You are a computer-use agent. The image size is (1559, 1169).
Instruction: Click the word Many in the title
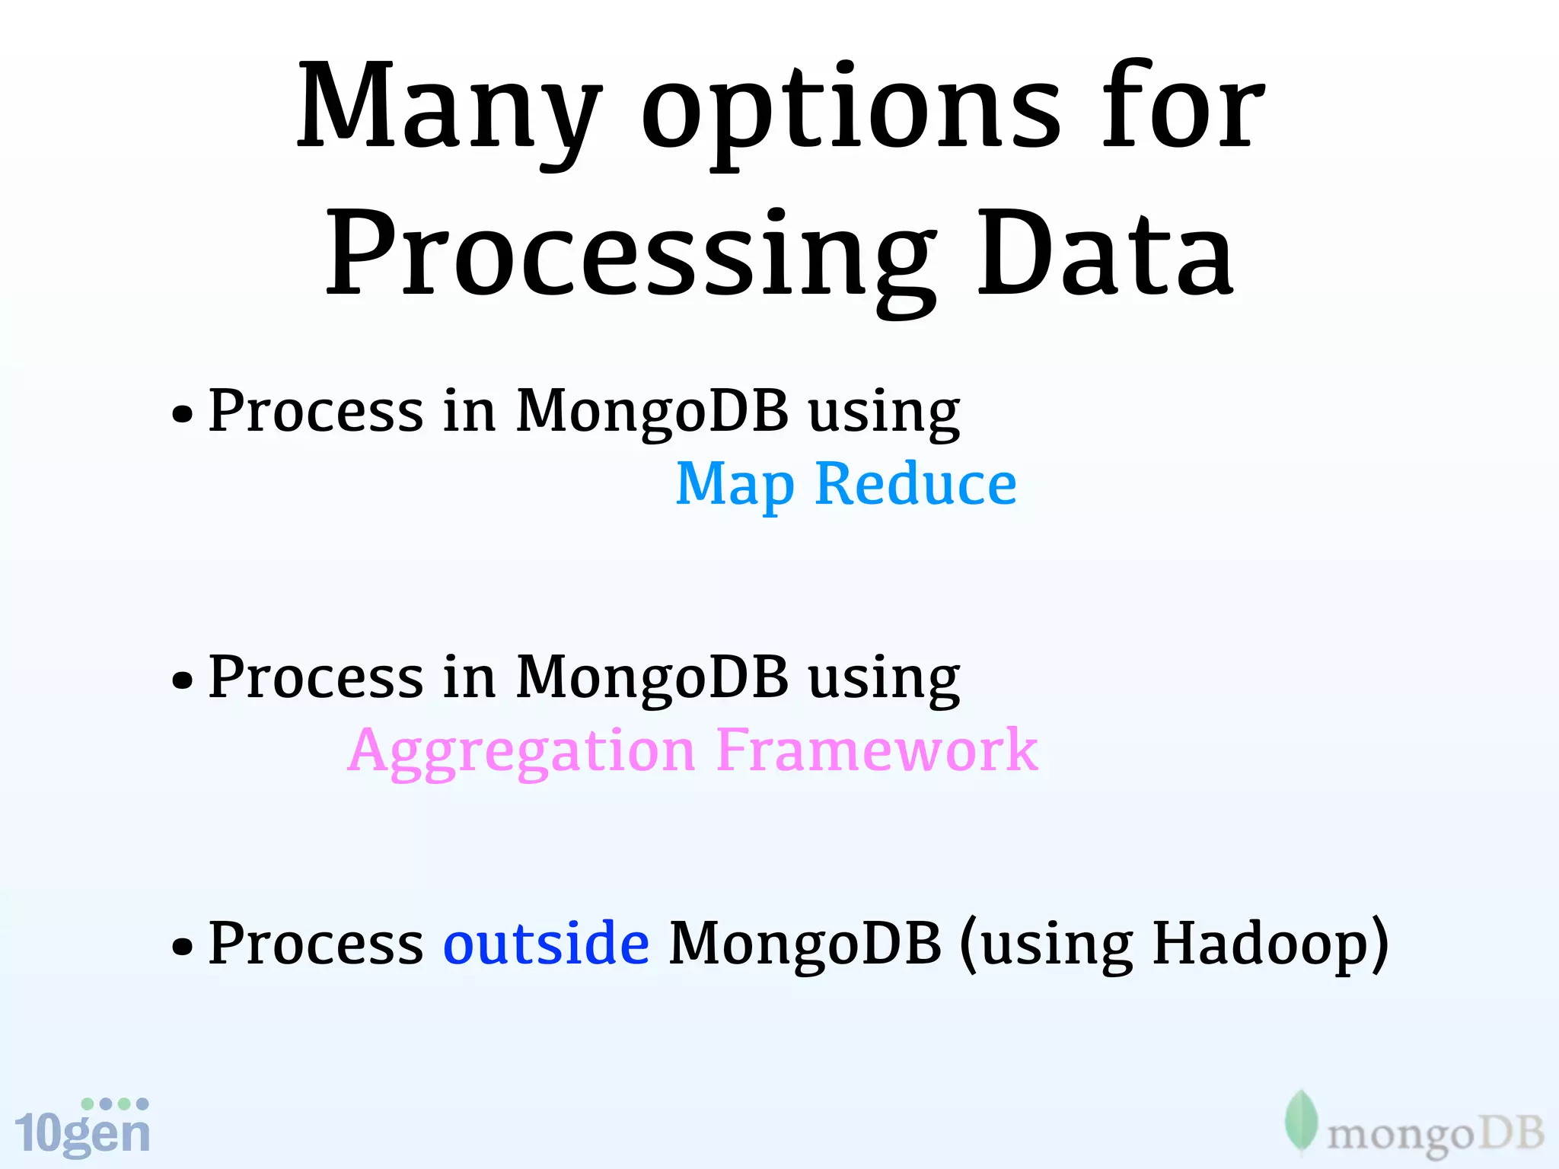pyautogui.click(x=449, y=107)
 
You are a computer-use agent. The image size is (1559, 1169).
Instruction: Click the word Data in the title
pyautogui.click(x=1104, y=255)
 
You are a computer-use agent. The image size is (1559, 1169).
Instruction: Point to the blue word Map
pyautogui.click(x=735, y=485)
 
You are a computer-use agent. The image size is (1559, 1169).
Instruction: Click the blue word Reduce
pyautogui.click(x=916, y=485)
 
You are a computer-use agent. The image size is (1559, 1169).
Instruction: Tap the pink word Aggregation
pyautogui.click(x=521, y=751)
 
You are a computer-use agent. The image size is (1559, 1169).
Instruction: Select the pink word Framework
pyautogui.click(x=877, y=751)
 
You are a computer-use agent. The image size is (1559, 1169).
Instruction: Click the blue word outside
pyautogui.click(x=546, y=943)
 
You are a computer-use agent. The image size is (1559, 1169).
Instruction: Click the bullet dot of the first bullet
pyautogui.click(x=182, y=415)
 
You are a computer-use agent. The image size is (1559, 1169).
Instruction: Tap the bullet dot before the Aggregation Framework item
pyautogui.click(x=182, y=680)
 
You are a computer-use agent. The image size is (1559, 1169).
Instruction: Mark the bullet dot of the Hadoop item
pyautogui.click(x=182, y=947)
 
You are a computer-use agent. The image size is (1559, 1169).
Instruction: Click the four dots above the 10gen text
pyautogui.click(x=115, y=1104)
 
